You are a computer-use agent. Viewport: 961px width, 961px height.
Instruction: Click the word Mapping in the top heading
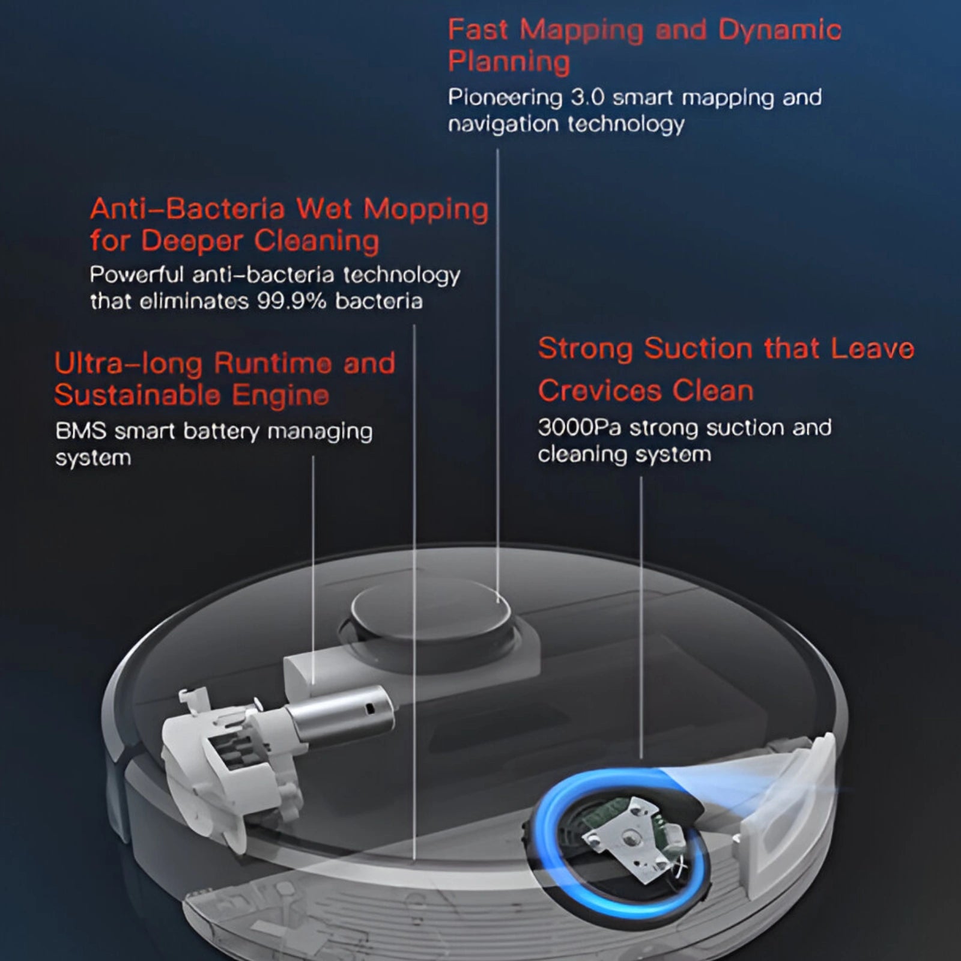click(581, 30)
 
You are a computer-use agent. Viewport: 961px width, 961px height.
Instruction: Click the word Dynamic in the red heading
click(780, 30)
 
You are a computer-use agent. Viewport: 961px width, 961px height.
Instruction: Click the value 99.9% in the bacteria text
click(291, 301)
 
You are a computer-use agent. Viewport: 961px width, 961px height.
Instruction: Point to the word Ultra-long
click(128, 363)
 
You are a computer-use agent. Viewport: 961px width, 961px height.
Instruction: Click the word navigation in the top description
click(503, 124)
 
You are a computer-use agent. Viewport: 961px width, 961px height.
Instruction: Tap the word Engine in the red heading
click(280, 395)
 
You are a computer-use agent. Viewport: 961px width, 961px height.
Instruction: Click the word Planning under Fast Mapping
click(509, 62)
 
